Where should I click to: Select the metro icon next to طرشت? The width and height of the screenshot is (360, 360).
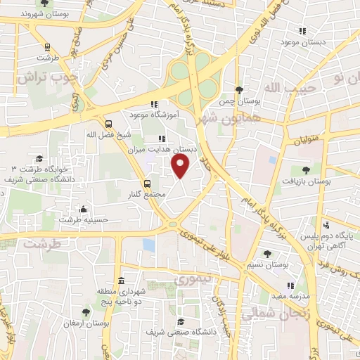48,48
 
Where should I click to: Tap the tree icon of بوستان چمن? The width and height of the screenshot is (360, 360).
239,90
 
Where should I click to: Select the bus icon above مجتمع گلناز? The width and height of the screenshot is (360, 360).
147,184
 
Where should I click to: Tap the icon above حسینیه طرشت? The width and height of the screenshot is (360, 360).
84,209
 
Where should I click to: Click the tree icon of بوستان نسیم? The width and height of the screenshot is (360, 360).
266,254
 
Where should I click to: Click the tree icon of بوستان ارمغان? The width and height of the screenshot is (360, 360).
86,311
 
